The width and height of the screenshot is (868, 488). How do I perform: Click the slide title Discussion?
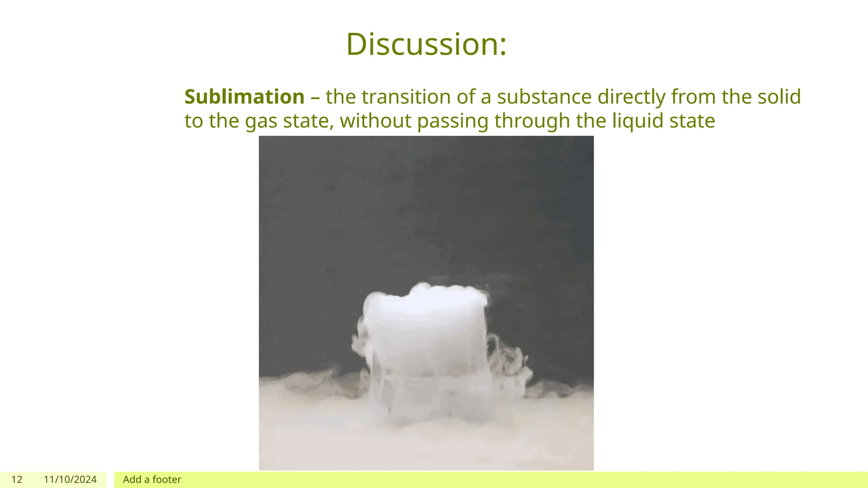[426, 44]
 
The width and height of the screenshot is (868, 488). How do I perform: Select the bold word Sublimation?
[245, 97]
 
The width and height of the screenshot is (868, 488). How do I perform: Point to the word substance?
[544, 97]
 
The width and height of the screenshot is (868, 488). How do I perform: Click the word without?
[376, 121]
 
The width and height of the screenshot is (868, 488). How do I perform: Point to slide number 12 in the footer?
[17, 480]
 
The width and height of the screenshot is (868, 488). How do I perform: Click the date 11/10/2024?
[70, 480]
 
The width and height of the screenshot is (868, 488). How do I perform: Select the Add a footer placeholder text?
[152, 480]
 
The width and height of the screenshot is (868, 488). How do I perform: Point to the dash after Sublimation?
[315, 97]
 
